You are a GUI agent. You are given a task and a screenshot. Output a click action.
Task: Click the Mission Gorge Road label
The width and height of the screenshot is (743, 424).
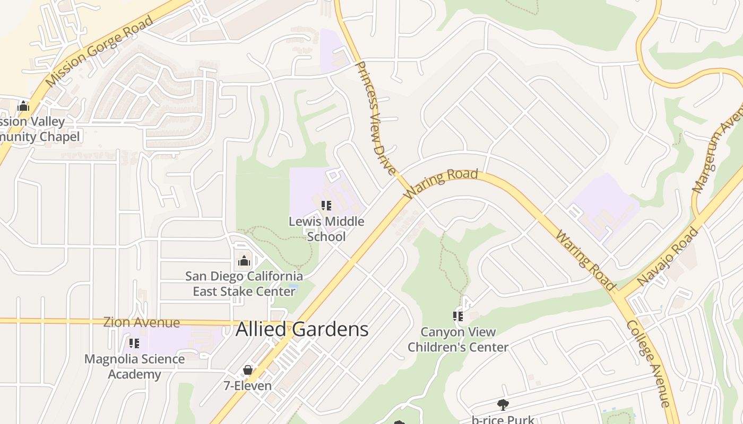(x=99, y=51)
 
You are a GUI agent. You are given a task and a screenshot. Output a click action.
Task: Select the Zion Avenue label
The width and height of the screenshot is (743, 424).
(x=142, y=322)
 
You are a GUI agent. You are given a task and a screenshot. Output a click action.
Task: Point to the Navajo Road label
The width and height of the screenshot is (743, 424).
(x=668, y=257)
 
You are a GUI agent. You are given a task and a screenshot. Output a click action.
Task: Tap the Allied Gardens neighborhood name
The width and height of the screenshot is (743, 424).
(x=302, y=329)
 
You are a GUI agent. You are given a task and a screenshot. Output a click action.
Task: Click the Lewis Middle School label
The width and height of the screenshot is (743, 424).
(x=326, y=228)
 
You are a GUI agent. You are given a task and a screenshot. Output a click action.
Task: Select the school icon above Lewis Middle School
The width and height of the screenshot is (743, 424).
(x=326, y=205)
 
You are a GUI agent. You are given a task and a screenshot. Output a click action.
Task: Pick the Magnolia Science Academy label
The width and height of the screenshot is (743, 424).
(x=135, y=366)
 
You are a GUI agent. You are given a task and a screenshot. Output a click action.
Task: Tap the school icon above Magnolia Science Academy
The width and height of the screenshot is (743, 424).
(x=134, y=343)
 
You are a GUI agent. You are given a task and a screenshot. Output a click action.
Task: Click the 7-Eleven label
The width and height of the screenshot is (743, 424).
(x=247, y=385)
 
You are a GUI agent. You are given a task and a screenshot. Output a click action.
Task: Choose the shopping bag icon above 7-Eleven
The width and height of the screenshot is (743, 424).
(x=247, y=370)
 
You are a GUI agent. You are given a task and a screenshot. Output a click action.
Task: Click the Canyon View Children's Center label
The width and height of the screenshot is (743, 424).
(x=458, y=340)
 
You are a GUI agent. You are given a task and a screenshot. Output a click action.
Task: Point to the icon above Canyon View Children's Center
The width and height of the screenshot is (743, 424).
(x=458, y=316)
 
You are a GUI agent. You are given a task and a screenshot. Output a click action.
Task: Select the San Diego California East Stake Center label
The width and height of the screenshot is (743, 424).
(x=244, y=284)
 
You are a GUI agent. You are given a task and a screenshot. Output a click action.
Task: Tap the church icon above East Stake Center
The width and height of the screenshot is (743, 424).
(x=244, y=261)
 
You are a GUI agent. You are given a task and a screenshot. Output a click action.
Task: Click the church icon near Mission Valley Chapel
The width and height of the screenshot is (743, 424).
(x=23, y=106)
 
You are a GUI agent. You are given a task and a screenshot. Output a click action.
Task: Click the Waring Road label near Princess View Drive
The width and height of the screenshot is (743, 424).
(x=441, y=183)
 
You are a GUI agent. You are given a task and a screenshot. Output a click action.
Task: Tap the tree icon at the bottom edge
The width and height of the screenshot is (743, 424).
(x=503, y=405)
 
